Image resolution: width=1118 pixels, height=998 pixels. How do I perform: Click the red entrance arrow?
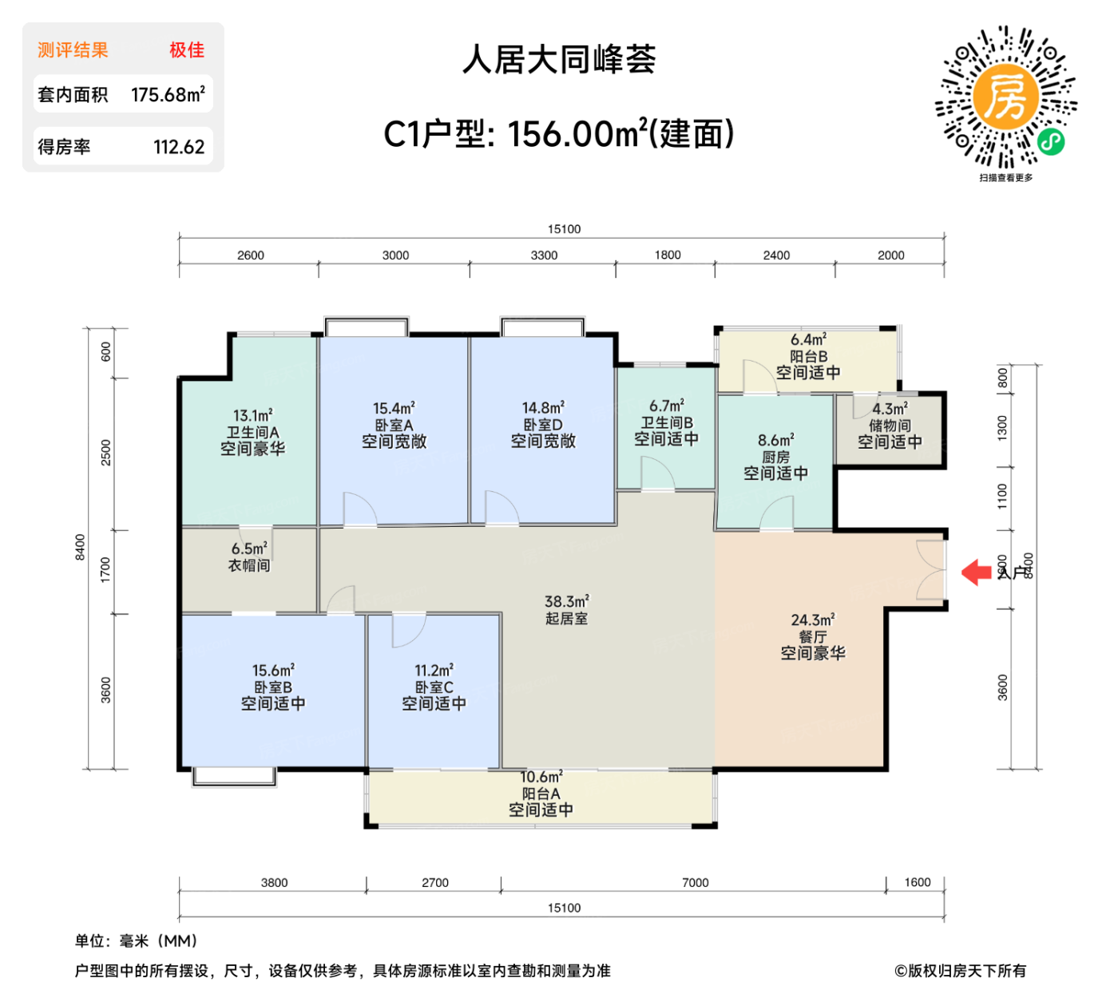click(x=975, y=572)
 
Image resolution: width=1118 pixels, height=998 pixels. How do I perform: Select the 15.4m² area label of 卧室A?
click(x=394, y=408)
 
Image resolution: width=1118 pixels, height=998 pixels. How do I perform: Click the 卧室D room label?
click(x=543, y=425)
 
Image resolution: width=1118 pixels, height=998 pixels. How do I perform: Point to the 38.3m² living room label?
click(x=567, y=601)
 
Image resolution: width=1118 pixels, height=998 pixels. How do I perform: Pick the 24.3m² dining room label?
click(x=813, y=620)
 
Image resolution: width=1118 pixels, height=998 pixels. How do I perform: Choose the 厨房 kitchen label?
click(x=775, y=457)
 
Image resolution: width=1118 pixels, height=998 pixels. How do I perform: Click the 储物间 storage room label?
click(x=890, y=426)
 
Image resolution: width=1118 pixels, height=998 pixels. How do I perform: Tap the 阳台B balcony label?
click(x=808, y=356)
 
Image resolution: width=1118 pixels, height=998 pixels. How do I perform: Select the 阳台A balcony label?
click(x=541, y=794)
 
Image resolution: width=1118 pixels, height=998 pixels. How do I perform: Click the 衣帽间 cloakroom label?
click(x=249, y=565)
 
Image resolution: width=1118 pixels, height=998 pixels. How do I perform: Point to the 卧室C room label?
click(x=434, y=687)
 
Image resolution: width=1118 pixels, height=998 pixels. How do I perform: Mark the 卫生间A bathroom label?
click(x=252, y=432)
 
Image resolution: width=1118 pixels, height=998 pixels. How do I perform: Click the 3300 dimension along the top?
click(x=544, y=255)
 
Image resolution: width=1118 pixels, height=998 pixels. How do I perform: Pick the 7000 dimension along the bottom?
click(x=695, y=882)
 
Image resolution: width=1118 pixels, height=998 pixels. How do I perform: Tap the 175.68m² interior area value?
click(x=168, y=95)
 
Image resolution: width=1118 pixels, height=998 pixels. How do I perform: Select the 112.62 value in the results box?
click(x=179, y=147)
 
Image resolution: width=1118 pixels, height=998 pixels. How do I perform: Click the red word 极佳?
click(x=187, y=50)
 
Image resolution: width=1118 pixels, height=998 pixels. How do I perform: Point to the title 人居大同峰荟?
click(x=559, y=60)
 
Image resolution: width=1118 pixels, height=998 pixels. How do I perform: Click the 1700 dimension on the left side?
click(x=106, y=569)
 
